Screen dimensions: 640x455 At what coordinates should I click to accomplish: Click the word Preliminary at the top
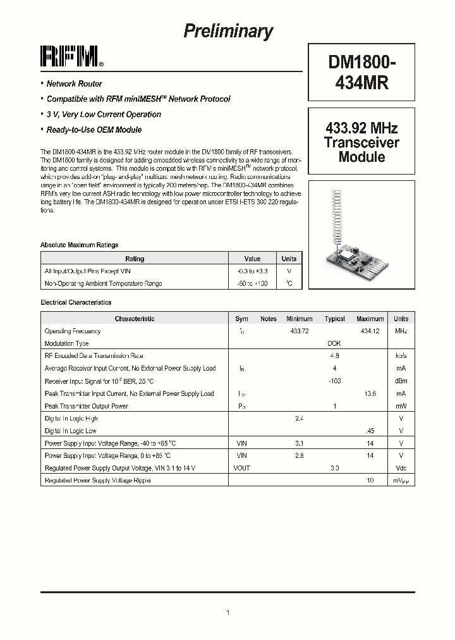coord(228,31)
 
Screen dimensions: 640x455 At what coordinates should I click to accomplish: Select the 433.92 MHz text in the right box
coord(361,128)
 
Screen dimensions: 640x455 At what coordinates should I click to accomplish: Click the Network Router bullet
coord(74,83)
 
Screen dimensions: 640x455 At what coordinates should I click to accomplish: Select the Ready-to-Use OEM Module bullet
coord(94,130)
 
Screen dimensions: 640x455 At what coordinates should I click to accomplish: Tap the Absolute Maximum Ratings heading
coord(79,245)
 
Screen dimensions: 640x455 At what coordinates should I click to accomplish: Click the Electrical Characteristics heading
coord(76,303)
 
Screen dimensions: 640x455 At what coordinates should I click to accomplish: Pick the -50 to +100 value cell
coord(252,283)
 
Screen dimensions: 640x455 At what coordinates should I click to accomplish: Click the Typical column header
coord(334,319)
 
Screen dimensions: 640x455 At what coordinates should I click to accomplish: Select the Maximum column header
coord(370,319)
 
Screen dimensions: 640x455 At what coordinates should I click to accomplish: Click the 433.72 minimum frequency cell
coord(300,331)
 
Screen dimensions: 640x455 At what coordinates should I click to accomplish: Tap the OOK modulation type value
coord(334,343)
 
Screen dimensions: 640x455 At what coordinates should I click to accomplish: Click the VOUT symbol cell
coord(241,468)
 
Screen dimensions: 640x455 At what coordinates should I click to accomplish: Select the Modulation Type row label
coord(66,343)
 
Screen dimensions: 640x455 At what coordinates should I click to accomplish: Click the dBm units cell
coord(401,381)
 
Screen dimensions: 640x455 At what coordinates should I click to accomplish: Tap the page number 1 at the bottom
coord(227,612)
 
